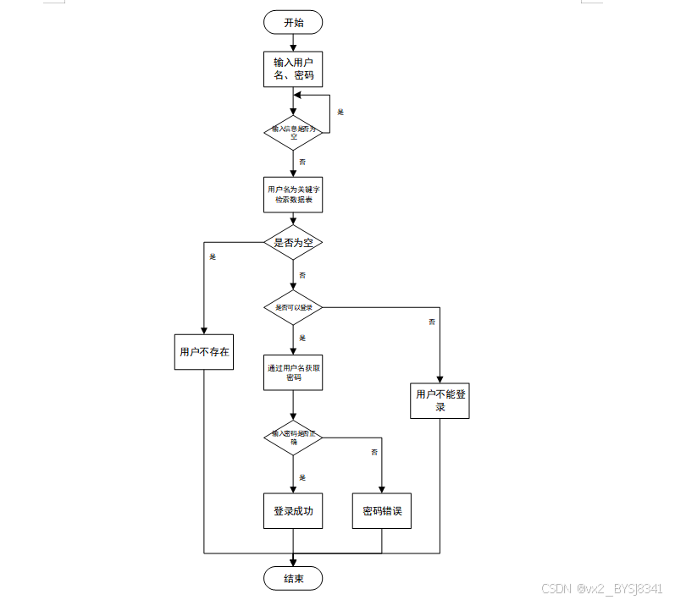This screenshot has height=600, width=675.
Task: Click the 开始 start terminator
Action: point(293,23)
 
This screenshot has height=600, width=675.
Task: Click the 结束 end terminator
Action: point(293,579)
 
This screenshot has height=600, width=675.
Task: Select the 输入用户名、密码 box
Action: point(293,69)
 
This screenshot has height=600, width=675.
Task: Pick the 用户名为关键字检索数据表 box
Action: point(293,195)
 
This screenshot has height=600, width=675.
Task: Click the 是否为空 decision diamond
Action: point(293,243)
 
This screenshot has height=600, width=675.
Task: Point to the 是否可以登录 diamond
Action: point(293,307)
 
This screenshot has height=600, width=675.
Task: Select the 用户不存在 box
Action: point(204,351)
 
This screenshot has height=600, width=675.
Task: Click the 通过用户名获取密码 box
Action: point(293,372)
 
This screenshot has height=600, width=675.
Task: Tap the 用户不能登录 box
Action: point(440,400)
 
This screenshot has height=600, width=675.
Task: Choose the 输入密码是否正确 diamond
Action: point(293,437)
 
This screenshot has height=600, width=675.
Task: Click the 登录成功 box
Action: point(293,511)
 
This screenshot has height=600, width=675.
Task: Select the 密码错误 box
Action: point(382,511)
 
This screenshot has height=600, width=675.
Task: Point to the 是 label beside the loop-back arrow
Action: point(340,112)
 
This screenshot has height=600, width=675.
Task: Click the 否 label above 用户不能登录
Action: point(432,322)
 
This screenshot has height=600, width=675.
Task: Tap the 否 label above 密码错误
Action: point(374,453)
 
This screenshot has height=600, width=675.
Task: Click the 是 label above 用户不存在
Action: point(213,256)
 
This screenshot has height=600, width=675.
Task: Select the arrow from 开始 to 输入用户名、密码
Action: point(293,42)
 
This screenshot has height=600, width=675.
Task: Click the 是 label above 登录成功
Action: point(302,477)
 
